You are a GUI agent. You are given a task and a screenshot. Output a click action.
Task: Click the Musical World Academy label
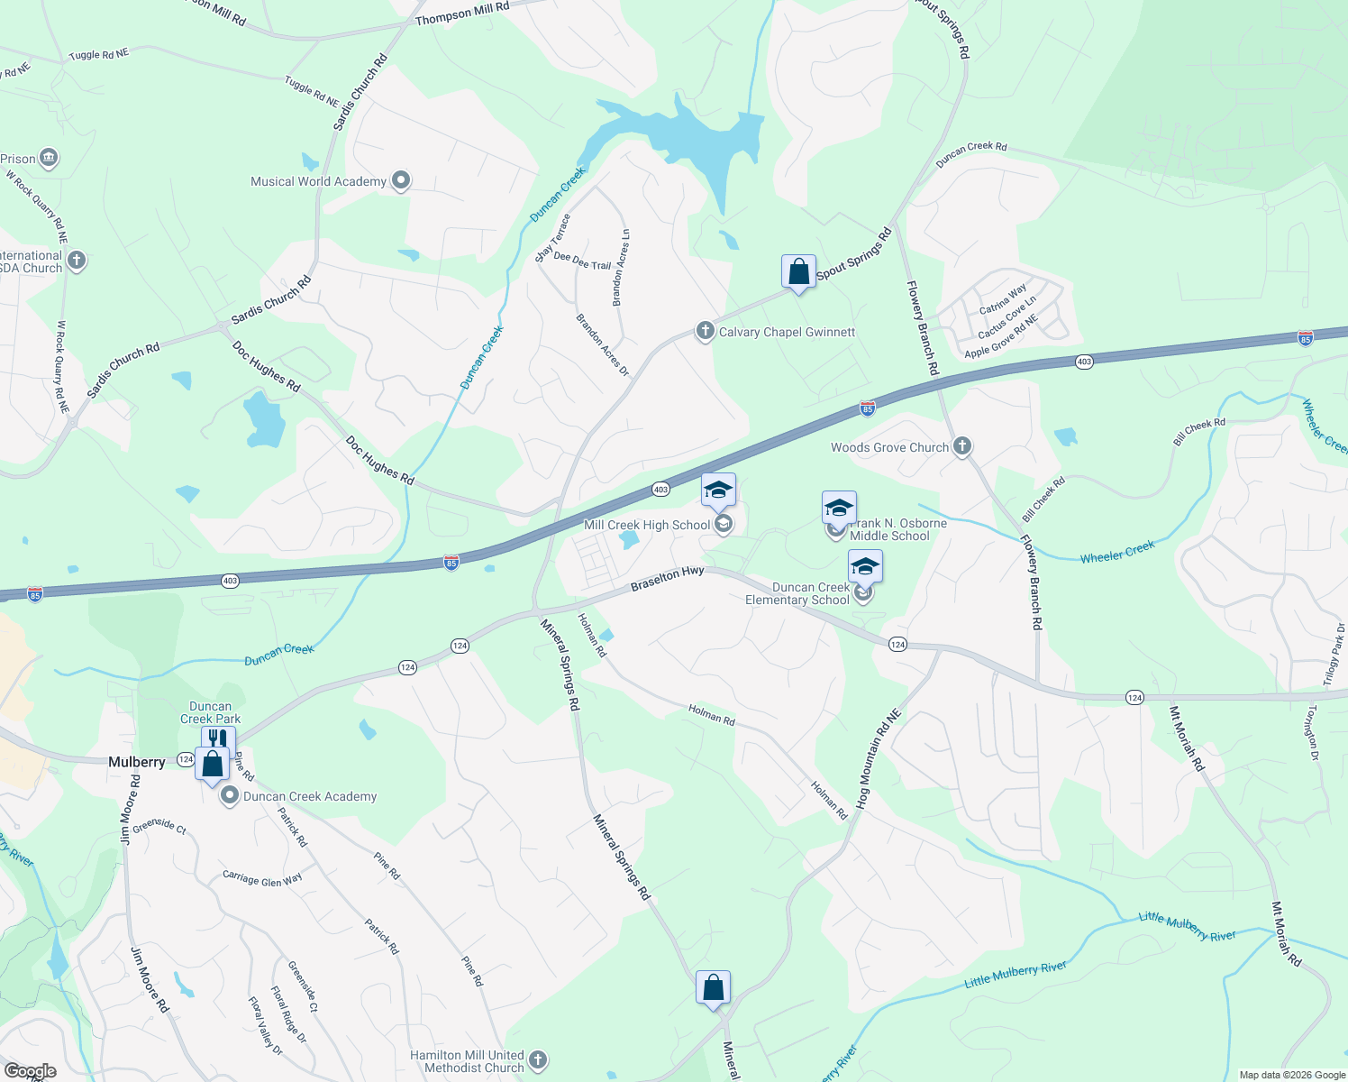(x=318, y=181)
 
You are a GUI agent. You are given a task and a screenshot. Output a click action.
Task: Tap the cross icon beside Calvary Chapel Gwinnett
(x=705, y=331)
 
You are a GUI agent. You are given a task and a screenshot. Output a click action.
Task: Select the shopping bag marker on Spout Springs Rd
(x=798, y=271)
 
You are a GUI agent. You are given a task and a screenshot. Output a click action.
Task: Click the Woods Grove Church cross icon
(x=962, y=445)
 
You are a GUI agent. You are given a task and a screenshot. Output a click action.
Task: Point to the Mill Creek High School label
(x=647, y=525)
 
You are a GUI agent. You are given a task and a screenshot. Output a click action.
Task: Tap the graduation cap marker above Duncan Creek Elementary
(x=864, y=567)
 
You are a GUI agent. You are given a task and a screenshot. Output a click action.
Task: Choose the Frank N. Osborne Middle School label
(x=897, y=529)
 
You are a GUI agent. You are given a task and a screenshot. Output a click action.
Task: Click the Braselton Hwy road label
(x=667, y=578)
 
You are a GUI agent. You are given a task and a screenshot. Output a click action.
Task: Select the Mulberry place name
(x=137, y=762)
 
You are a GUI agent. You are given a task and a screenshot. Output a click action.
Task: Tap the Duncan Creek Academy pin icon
(x=230, y=796)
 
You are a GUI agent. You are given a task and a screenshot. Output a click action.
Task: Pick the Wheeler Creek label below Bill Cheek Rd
(x=1117, y=552)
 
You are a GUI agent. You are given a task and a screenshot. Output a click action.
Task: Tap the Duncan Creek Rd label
(x=971, y=154)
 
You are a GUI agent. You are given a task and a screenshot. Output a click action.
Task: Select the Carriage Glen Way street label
(x=262, y=879)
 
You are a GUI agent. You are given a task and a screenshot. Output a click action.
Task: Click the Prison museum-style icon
(x=49, y=159)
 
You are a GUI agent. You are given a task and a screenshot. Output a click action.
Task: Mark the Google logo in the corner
(x=31, y=1071)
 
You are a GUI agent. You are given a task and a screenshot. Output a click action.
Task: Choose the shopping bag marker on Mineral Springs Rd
(x=713, y=987)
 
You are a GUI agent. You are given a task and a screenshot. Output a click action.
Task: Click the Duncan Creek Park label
(x=210, y=712)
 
